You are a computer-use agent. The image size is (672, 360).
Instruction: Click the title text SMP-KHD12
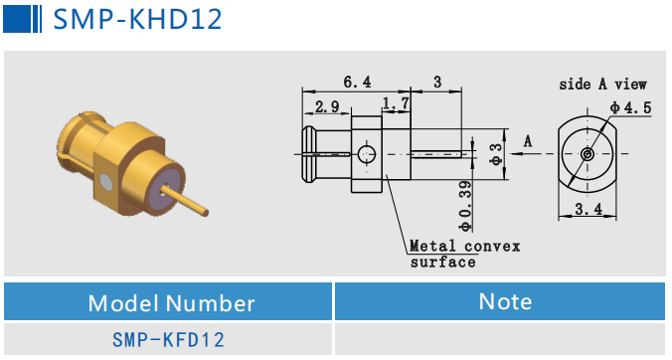click(x=137, y=20)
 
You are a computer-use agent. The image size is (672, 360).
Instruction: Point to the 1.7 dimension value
click(x=395, y=103)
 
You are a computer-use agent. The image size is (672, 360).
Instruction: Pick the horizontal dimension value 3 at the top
click(x=437, y=81)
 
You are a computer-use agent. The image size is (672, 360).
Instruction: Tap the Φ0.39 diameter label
click(x=465, y=204)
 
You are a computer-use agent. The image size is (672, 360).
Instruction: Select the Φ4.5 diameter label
click(x=630, y=107)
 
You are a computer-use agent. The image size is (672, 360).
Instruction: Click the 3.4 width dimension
click(x=588, y=210)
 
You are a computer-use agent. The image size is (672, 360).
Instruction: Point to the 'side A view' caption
click(x=602, y=85)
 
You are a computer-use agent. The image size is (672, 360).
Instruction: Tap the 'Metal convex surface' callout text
click(x=463, y=255)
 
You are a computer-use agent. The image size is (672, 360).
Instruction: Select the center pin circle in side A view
click(x=587, y=154)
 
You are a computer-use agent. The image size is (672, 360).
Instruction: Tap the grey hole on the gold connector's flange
click(x=104, y=183)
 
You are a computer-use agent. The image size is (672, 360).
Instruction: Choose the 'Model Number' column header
click(x=171, y=302)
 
